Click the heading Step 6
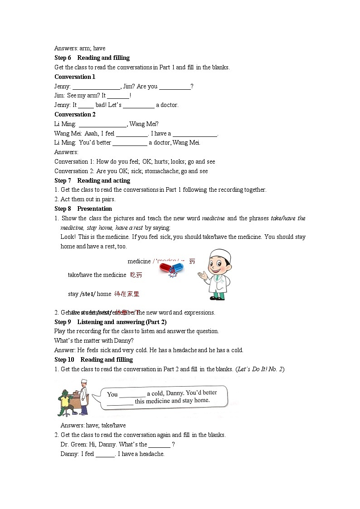click(63, 58)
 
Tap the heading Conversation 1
click(75, 77)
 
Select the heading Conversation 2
click(75, 114)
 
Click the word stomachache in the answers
click(161, 171)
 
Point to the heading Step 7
click(63, 180)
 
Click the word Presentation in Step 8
click(94, 208)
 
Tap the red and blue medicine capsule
click(171, 270)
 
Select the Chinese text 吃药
click(136, 275)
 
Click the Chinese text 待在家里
click(126, 294)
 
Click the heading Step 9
click(63, 322)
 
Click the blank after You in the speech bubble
click(132, 395)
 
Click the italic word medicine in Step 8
click(213, 218)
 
